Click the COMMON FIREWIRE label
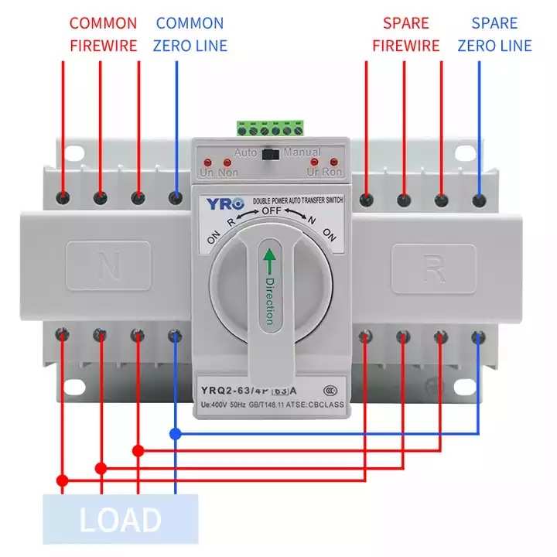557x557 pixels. [103, 35]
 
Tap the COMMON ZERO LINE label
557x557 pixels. [190, 35]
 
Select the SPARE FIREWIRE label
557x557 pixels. [406, 35]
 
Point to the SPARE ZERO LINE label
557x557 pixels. [494, 35]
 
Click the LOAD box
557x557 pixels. [120, 520]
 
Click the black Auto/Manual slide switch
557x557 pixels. [270, 153]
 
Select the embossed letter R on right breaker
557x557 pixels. [432, 269]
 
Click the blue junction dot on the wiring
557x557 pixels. [176, 434]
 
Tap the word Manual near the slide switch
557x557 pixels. [301, 152]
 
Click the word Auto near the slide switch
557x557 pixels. [246, 152]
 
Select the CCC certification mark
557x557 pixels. [329, 391]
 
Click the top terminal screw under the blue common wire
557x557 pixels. [176, 198]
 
